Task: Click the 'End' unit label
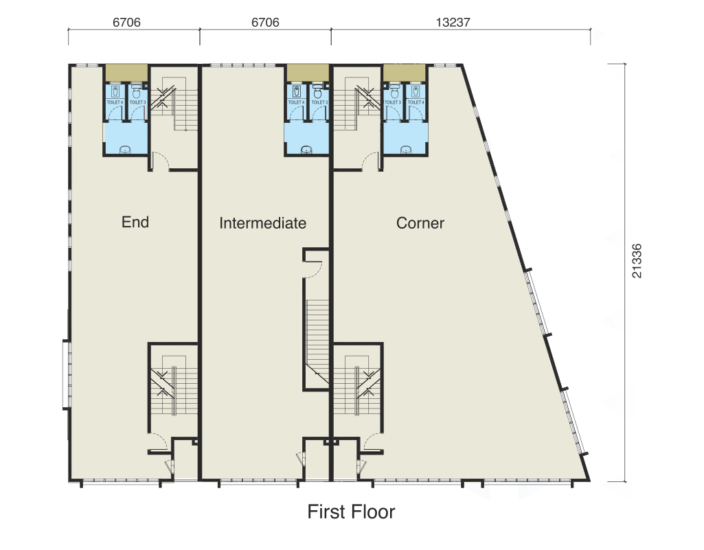click(x=135, y=222)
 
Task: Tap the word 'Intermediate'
click(x=262, y=223)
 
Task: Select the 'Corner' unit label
click(x=420, y=223)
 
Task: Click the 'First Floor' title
click(x=351, y=512)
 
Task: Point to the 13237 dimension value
click(x=453, y=22)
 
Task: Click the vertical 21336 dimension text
click(x=637, y=260)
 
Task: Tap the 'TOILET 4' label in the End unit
click(x=115, y=102)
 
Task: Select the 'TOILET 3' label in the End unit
click(x=137, y=102)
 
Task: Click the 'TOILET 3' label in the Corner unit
click(x=393, y=102)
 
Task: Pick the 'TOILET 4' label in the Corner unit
click(x=415, y=102)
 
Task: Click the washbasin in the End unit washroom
click(x=125, y=149)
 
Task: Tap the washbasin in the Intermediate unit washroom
click(x=307, y=149)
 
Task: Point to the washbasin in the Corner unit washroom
click(x=405, y=149)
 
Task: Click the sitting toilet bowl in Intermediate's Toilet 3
click(x=318, y=91)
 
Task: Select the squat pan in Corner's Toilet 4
click(x=416, y=91)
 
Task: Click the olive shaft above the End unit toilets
click(x=126, y=71)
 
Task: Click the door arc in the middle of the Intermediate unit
click(x=313, y=268)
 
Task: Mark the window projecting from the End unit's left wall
click(x=65, y=374)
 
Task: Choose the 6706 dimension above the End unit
click(x=127, y=22)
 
